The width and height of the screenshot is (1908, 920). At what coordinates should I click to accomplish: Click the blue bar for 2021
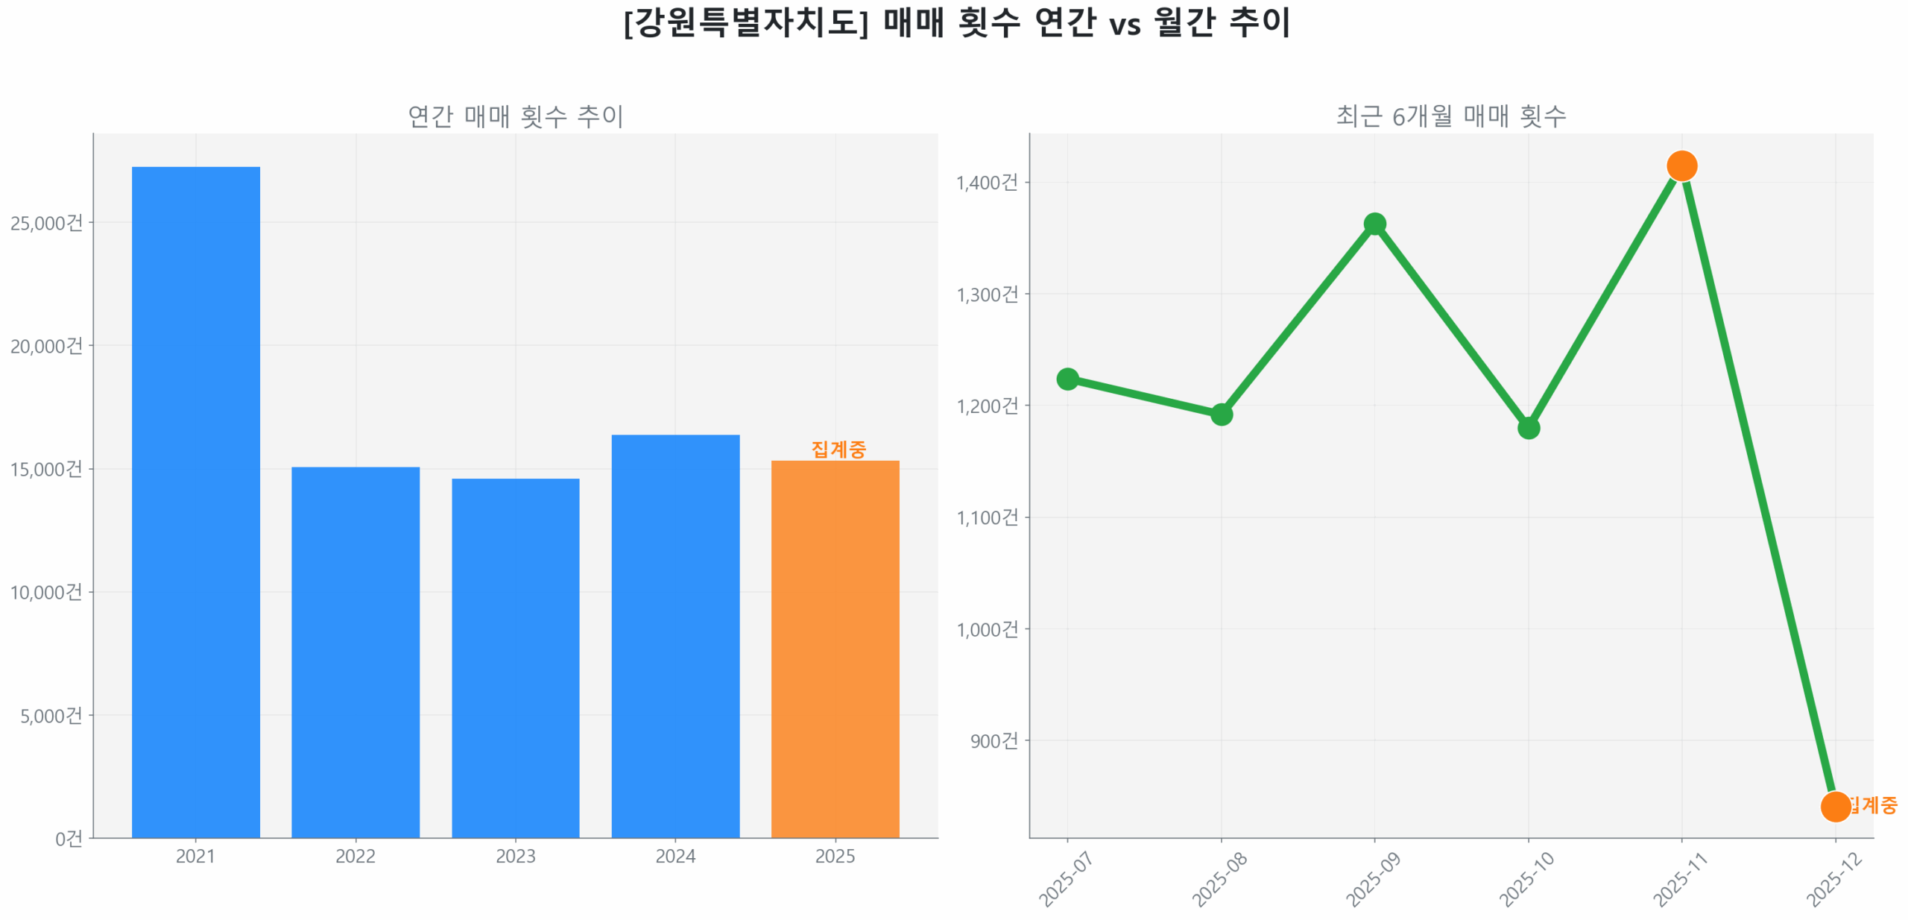(x=195, y=501)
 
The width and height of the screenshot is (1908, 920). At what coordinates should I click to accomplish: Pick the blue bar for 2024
(x=675, y=635)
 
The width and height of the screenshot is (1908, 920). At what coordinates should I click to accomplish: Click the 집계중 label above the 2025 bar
(x=838, y=449)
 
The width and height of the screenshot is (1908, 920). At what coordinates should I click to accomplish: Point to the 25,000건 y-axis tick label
(x=46, y=223)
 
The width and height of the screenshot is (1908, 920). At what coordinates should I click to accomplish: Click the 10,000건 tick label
(x=46, y=592)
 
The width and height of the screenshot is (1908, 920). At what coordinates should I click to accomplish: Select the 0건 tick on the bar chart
(x=69, y=838)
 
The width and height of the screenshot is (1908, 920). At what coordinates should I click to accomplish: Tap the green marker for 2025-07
(x=1067, y=379)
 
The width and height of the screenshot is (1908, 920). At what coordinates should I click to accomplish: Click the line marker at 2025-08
(x=1220, y=414)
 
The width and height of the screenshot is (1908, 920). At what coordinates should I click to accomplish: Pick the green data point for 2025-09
(x=1374, y=224)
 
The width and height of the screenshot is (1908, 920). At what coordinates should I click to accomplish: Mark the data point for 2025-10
(x=1527, y=427)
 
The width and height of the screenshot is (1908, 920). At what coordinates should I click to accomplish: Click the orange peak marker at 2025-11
(x=1681, y=166)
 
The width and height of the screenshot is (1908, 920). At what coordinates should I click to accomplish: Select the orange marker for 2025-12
(x=1834, y=806)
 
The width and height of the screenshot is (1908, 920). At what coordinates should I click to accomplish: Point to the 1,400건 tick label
(x=986, y=183)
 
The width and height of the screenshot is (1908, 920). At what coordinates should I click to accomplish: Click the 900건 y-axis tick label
(x=993, y=740)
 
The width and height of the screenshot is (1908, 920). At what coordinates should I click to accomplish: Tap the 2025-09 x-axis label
(x=1372, y=879)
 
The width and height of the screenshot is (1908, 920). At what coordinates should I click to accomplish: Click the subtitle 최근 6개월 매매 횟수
(x=1450, y=116)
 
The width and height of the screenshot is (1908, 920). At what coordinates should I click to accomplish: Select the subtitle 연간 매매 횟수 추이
(x=515, y=116)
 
